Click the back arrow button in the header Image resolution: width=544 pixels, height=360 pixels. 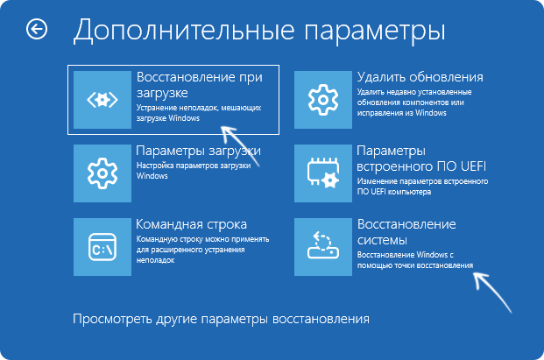[37, 30]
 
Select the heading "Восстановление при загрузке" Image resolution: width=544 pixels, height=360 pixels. [199, 84]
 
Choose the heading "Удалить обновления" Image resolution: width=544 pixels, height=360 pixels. [420, 77]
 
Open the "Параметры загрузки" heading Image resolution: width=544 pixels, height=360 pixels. [198, 151]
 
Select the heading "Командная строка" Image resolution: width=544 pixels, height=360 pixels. [191, 224]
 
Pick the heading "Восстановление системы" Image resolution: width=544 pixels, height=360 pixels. [406, 232]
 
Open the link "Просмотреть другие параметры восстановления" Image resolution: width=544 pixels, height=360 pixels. [221, 318]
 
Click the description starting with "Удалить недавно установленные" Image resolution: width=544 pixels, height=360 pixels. [419, 98]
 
